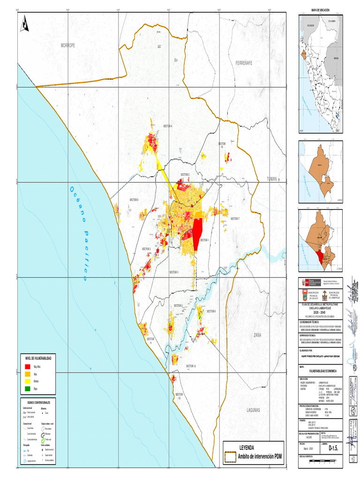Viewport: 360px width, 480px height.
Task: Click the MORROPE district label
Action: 67,45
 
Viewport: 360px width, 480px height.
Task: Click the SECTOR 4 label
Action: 168,126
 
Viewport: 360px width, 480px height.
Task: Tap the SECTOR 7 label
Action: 235,219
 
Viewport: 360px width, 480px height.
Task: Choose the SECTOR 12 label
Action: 191,366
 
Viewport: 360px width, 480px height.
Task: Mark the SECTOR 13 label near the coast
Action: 178,396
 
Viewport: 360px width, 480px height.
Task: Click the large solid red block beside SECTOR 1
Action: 197,232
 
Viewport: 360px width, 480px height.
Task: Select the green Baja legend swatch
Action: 27,389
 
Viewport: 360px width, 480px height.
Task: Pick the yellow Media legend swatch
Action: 27,382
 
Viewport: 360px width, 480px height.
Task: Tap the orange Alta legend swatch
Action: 27,375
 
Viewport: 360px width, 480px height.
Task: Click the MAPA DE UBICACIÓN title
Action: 321,10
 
